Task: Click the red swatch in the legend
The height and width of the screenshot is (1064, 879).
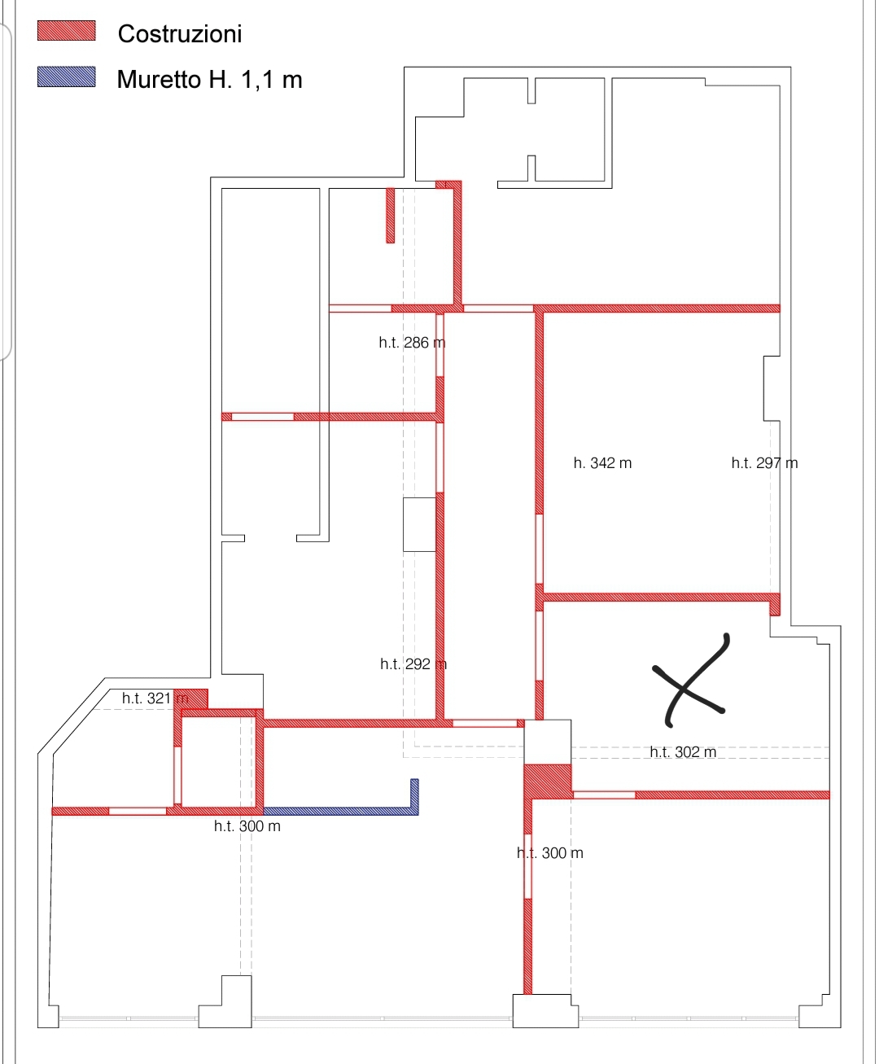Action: click(x=66, y=31)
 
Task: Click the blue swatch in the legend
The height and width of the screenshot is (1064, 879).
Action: click(x=66, y=77)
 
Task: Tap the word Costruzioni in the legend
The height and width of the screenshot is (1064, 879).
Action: click(x=180, y=34)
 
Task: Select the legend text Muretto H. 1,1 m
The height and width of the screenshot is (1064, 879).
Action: click(x=209, y=80)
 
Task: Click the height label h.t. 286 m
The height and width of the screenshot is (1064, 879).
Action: click(x=412, y=343)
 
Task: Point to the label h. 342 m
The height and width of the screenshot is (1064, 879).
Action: click(x=602, y=462)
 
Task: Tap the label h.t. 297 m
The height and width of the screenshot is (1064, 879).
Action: click(x=764, y=462)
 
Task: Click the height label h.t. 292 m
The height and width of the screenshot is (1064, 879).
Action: click(x=413, y=664)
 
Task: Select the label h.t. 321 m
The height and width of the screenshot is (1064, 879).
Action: click(x=155, y=698)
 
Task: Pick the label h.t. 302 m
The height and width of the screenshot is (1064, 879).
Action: click(x=683, y=751)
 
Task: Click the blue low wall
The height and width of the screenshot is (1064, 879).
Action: click(x=341, y=811)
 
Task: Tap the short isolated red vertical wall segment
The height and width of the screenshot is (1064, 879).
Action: click(x=391, y=216)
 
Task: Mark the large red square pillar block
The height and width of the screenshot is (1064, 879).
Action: click(x=548, y=782)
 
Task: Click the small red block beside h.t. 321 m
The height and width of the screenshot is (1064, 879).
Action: click(x=191, y=698)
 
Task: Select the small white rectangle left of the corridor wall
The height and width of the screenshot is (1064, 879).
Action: click(x=419, y=524)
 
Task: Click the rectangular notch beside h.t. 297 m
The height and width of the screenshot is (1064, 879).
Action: click(x=772, y=388)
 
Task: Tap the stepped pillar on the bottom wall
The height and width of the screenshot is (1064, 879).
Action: click(x=225, y=1002)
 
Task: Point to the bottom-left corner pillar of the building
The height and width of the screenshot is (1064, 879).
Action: click(x=48, y=1016)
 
